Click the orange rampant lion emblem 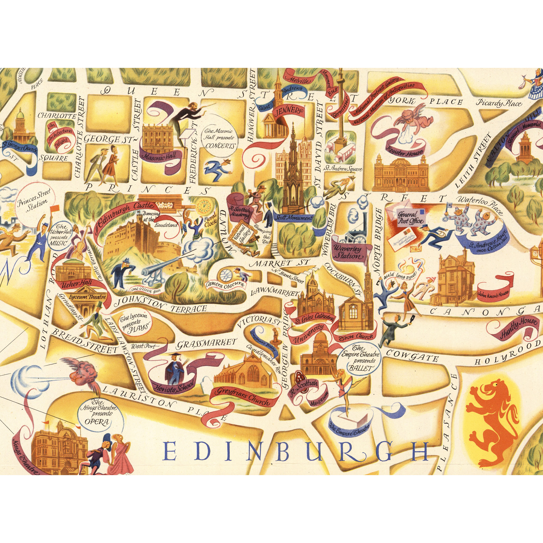click(492, 416)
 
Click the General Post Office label click(409, 218)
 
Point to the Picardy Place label click(499, 103)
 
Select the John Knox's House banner click(493, 293)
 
